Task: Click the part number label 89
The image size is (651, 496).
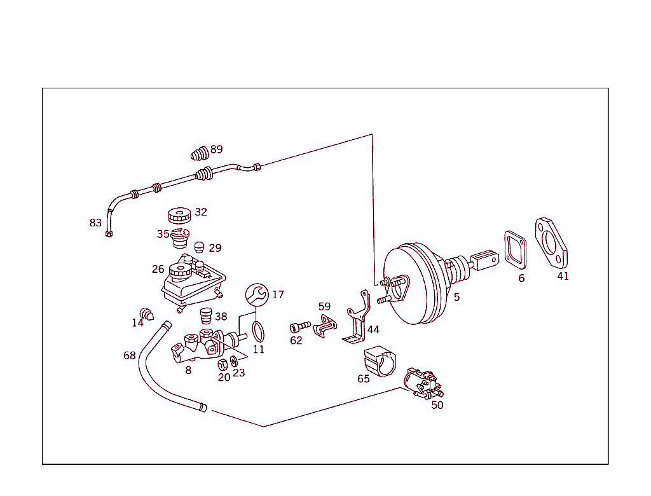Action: click(x=217, y=149)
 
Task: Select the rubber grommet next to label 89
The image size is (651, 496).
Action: click(x=200, y=154)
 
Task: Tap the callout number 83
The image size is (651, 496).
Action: click(x=95, y=223)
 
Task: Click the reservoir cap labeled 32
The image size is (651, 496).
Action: click(x=179, y=214)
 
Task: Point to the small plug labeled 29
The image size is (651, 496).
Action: click(x=198, y=247)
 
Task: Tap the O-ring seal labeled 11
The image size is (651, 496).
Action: click(x=257, y=331)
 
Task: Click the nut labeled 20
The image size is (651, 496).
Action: click(x=223, y=364)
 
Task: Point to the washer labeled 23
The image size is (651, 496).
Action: click(x=234, y=361)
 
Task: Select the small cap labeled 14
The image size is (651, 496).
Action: click(x=147, y=313)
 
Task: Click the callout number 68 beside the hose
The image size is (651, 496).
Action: click(x=130, y=355)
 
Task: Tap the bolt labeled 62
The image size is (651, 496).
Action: click(x=299, y=327)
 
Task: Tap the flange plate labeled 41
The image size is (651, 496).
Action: click(x=552, y=244)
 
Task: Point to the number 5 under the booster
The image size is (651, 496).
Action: click(x=456, y=297)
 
